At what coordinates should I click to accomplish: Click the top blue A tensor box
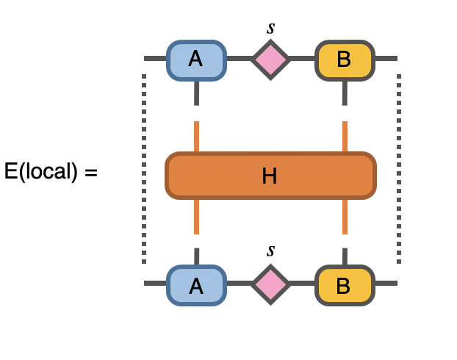[x=196, y=59]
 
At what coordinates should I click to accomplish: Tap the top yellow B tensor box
[x=345, y=59]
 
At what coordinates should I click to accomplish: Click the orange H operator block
[x=220, y=176]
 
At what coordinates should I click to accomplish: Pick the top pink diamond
[x=270, y=59]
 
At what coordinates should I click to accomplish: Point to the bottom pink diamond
[x=270, y=284]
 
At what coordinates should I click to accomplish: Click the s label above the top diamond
[x=270, y=29]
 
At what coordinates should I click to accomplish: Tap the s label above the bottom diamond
[x=270, y=251]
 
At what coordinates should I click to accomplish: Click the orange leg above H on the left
[x=197, y=137]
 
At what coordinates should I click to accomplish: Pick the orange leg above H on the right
[x=345, y=137]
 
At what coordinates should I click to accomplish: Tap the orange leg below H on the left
[x=197, y=216]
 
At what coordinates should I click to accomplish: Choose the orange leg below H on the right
[x=345, y=216]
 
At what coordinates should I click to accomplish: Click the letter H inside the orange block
[x=270, y=176]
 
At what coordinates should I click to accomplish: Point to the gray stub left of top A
[x=155, y=58]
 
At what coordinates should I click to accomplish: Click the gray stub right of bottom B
[x=386, y=284]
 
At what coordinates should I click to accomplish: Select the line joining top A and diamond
[x=238, y=58]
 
